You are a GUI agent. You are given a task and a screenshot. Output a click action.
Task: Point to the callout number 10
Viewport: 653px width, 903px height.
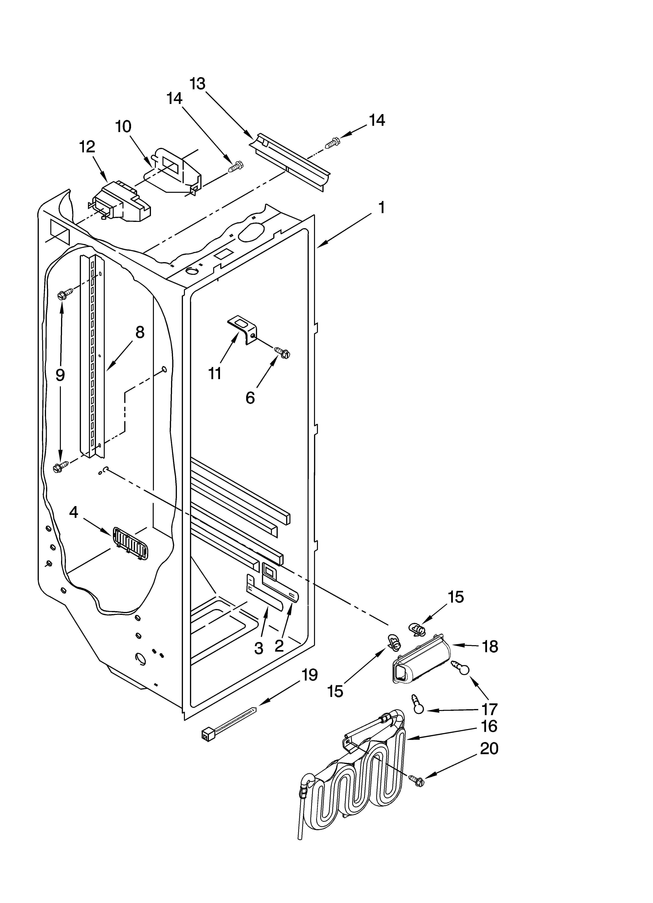(x=123, y=127)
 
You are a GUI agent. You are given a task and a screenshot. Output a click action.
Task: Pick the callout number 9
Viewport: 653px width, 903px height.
(x=60, y=375)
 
